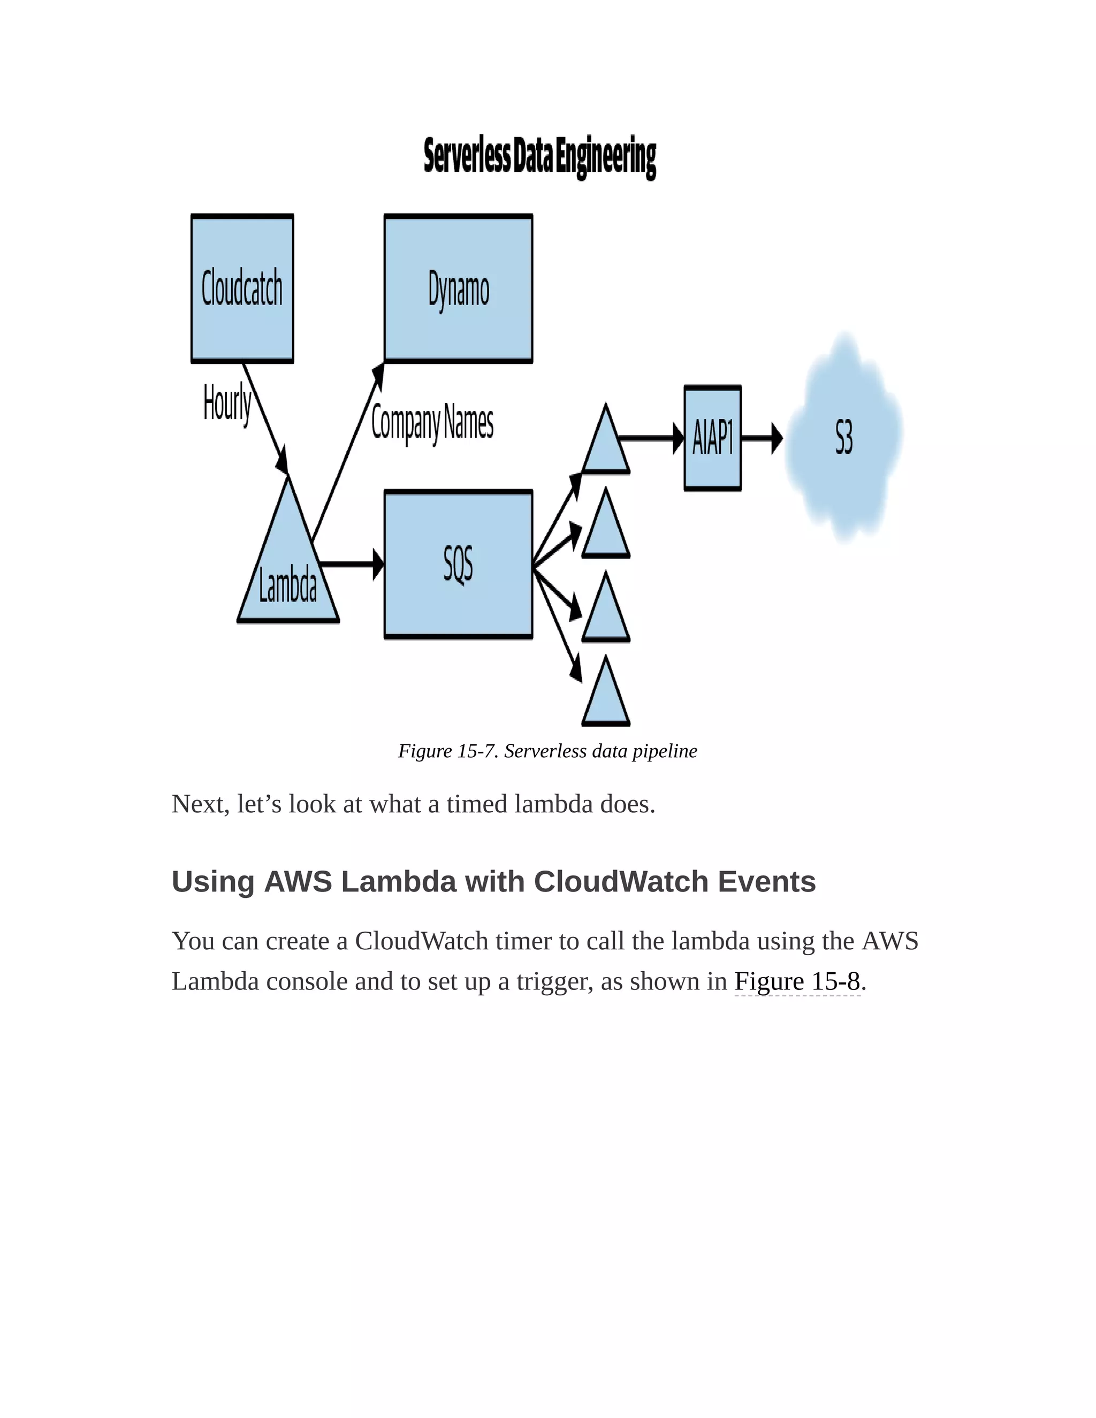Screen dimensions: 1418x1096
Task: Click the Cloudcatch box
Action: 242,288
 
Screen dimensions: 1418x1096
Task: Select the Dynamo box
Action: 459,288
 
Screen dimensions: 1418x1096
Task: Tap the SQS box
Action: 459,564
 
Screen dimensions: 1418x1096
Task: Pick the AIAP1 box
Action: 712,438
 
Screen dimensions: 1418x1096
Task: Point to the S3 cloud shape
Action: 843,438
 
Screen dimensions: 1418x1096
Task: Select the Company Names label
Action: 432,423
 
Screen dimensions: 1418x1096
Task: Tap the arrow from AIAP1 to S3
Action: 762,438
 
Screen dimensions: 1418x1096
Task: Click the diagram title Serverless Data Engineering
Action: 539,157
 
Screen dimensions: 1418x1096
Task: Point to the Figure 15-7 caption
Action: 547,751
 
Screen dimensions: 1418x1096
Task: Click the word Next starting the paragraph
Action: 197,804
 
